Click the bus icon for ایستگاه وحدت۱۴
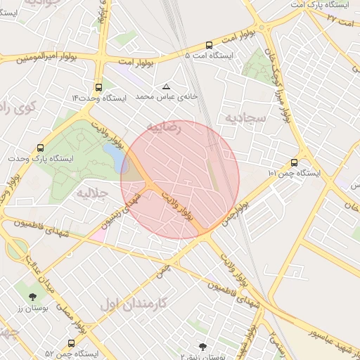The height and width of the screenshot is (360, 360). [98, 88]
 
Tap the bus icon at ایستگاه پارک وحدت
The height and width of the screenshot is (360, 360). [40, 148]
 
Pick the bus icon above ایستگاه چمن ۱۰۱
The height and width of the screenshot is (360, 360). [293, 162]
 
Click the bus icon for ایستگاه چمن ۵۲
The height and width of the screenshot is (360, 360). [71, 343]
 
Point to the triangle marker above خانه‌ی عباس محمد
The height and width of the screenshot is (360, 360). [166, 86]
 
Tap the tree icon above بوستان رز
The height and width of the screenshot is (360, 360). [32, 297]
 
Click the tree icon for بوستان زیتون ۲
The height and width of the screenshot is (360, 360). [202, 346]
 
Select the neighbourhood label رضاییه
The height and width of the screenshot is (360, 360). [163, 127]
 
